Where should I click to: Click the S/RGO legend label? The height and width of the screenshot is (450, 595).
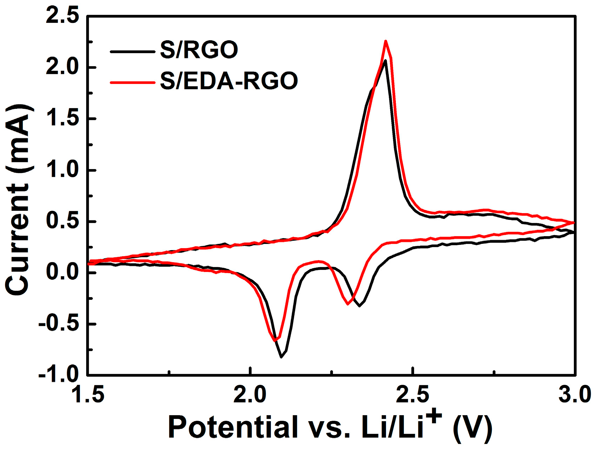tap(199, 50)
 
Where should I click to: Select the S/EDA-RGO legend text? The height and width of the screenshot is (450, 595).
tap(229, 81)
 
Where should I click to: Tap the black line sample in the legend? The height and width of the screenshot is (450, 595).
tap(133, 51)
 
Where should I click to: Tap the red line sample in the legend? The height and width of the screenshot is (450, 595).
tap(133, 82)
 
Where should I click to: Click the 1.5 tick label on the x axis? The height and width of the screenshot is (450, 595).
tap(88, 395)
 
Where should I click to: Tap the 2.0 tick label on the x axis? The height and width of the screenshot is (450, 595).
tap(250, 395)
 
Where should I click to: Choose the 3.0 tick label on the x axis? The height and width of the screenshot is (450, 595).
tap(574, 395)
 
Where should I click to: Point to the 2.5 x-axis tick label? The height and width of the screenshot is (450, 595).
tap(412, 395)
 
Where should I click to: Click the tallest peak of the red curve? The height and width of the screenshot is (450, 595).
tap(386, 41)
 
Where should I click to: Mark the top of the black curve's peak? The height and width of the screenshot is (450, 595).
tap(385, 61)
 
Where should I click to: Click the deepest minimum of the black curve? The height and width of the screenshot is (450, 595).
tap(281, 357)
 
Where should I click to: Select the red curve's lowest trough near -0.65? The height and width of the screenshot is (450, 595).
tap(276, 341)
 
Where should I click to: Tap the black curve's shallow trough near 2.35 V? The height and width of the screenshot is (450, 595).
tap(359, 306)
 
